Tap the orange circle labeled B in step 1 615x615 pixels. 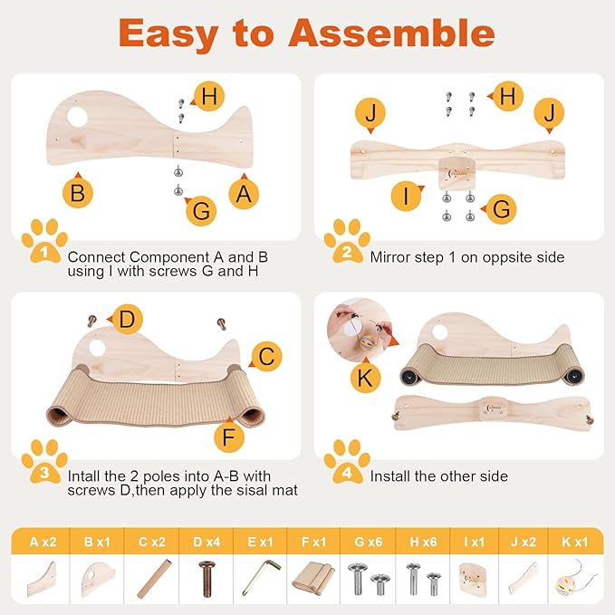[x=79, y=193]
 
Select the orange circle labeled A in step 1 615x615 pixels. [x=242, y=193]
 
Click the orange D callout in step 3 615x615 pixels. [x=128, y=319]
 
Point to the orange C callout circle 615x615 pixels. [x=265, y=358]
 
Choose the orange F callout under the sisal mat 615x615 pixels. [x=229, y=437]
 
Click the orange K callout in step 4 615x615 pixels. [x=365, y=378]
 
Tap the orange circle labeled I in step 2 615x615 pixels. [x=408, y=196]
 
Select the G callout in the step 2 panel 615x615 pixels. [x=502, y=210]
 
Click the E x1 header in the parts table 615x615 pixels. [x=262, y=543]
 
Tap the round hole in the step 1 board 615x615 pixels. [x=79, y=117]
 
